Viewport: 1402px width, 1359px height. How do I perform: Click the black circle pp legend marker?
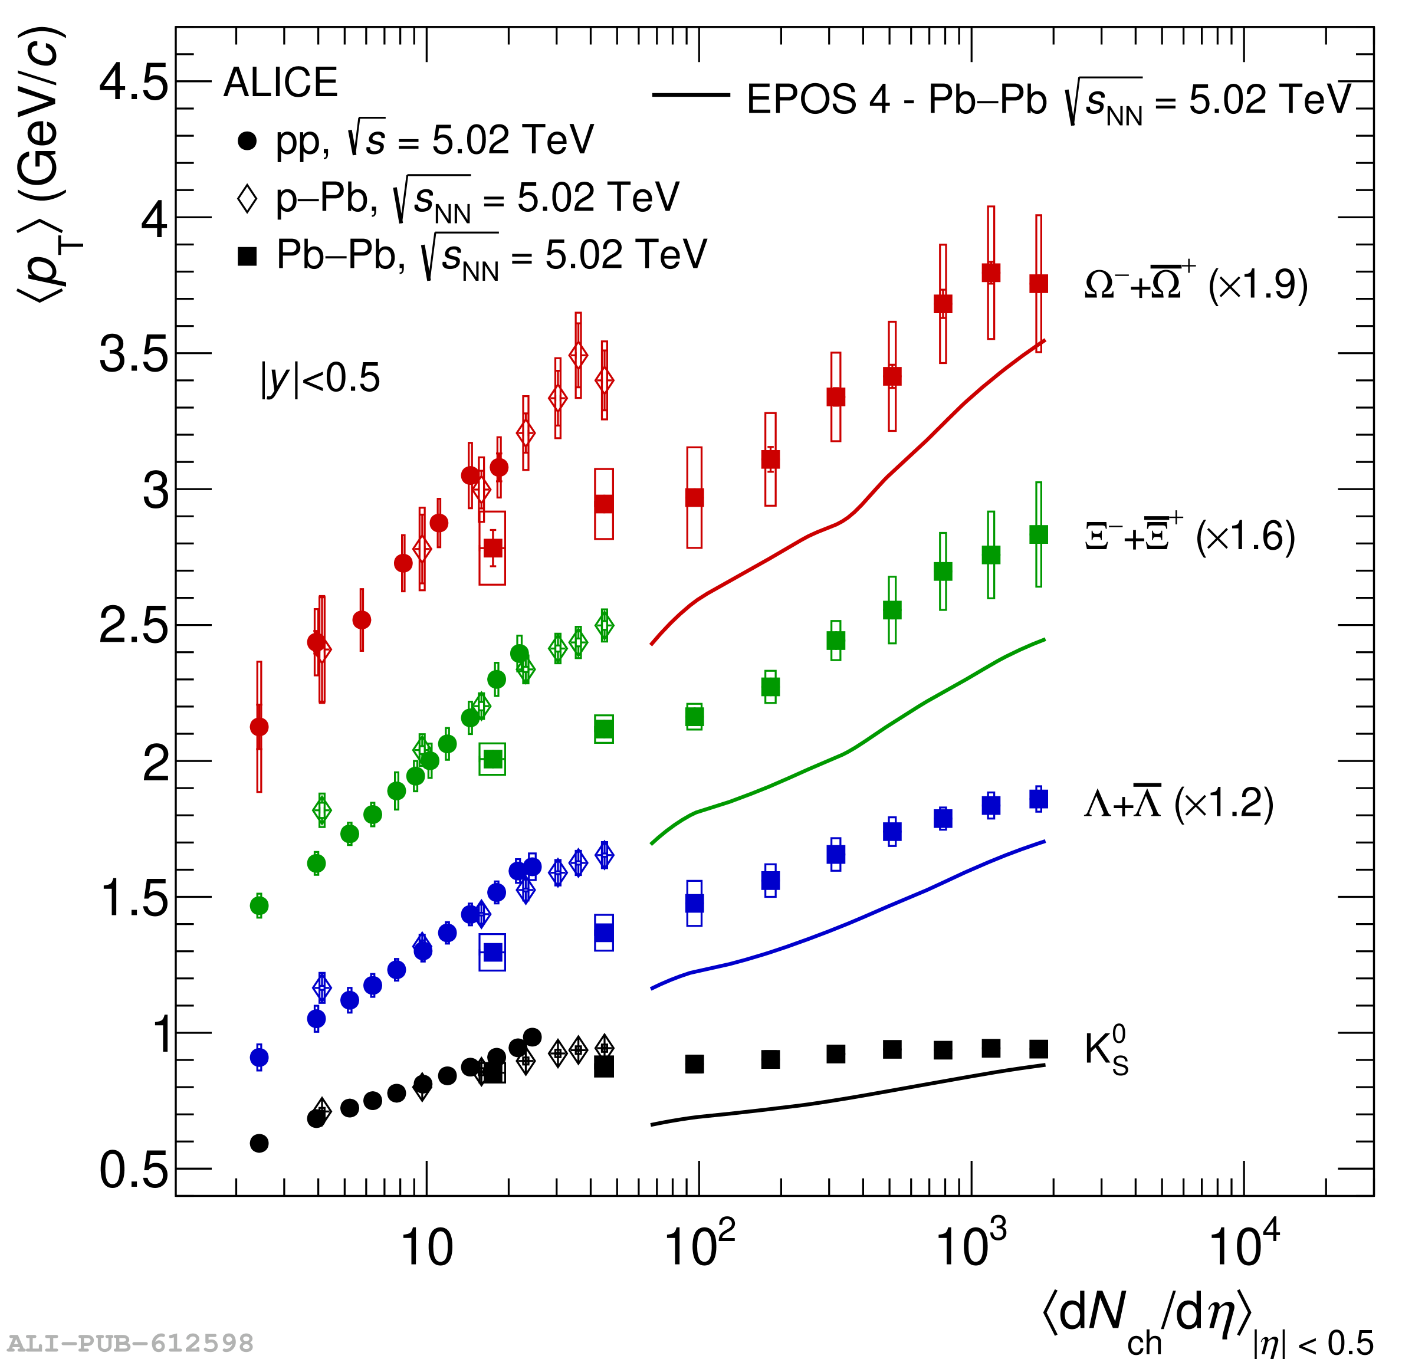click(x=247, y=141)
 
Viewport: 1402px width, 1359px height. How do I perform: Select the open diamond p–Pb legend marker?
click(x=247, y=198)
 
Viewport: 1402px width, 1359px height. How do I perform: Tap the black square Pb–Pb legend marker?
click(x=247, y=256)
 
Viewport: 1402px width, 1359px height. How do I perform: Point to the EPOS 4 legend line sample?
click(x=690, y=94)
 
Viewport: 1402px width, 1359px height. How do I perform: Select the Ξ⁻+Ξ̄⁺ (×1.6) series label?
click(x=1190, y=536)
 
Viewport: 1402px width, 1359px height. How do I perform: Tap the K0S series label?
click(x=1106, y=1050)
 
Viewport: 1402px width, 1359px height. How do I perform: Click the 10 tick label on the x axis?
click(x=427, y=1248)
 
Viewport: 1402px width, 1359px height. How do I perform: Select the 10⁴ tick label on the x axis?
click(x=1243, y=1245)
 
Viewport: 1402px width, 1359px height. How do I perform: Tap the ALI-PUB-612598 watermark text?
click(x=130, y=1343)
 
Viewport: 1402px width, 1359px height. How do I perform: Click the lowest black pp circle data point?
click(x=259, y=1143)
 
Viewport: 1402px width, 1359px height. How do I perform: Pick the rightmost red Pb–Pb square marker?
click(x=1039, y=284)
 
